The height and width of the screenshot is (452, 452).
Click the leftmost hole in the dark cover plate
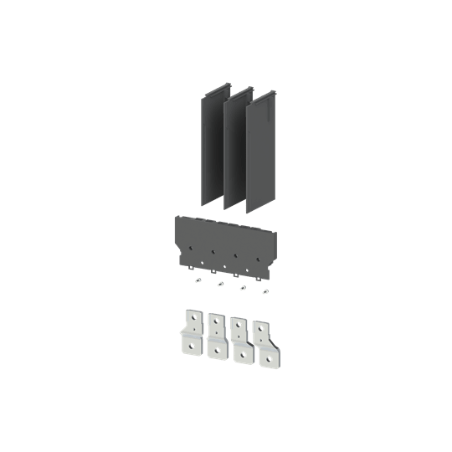192,248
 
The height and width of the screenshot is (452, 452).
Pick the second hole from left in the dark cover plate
215,250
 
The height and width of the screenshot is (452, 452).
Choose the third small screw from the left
243,287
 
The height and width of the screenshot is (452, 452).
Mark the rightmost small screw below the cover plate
265,290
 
